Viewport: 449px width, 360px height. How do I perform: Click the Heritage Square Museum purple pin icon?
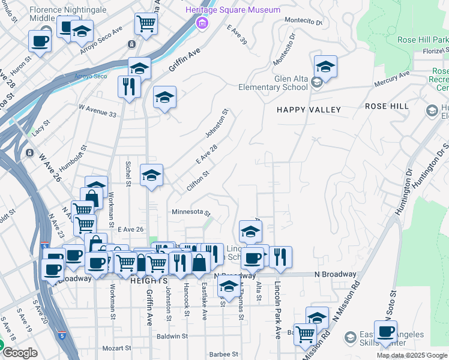[202, 23]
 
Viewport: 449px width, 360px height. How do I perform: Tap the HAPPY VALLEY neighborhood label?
[309, 110]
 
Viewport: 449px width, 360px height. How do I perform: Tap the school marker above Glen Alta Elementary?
[325, 67]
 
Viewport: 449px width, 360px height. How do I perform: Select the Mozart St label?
[116, 348]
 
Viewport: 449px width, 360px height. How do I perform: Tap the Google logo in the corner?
[20, 353]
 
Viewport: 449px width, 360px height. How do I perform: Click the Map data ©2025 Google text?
[412, 355]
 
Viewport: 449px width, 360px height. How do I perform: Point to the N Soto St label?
[393, 303]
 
